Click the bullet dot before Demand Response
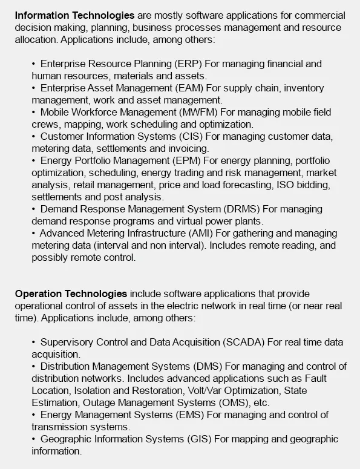pos(34,209)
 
